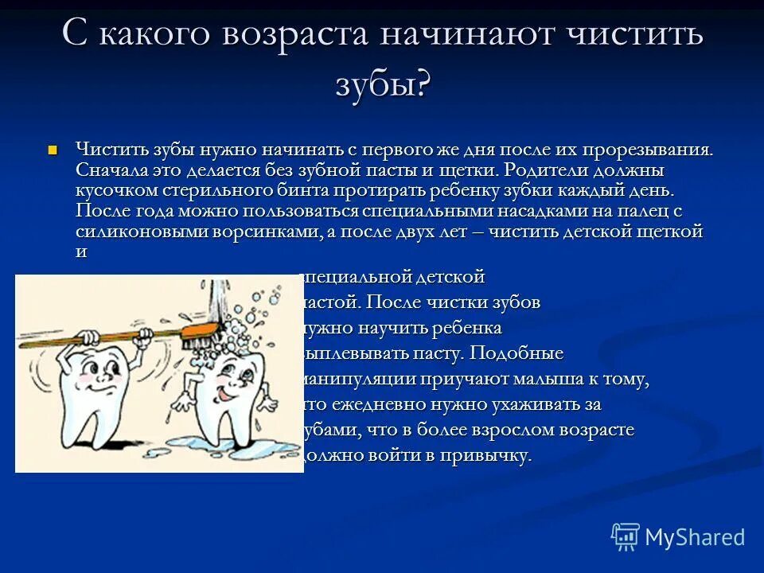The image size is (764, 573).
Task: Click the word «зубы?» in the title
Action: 382,84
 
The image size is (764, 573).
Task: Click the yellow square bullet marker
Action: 53,149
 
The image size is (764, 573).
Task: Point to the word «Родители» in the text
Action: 539,170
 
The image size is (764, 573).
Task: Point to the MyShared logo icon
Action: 626,536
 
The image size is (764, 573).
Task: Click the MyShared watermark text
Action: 694,538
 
